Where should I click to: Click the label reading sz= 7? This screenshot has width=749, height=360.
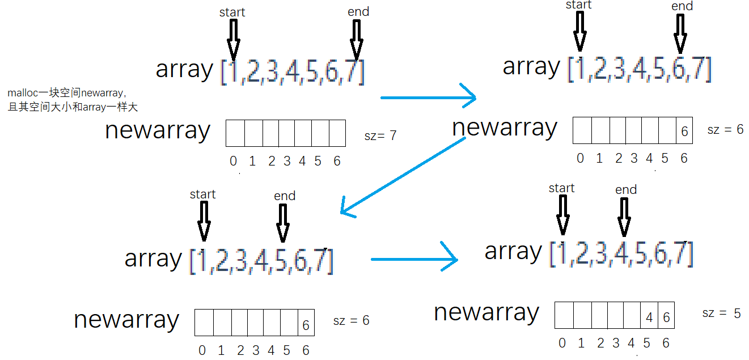pyautogui.click(x=380, y=135)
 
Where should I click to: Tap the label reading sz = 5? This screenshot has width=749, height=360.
pyautogui.click(x=721, y=313)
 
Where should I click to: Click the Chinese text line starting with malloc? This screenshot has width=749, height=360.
pyautogui.click(x=66, y=92)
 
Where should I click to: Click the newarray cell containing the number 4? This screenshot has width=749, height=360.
pyautogui.click(x=649, y=315)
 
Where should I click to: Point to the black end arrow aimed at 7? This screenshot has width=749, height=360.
pyautogui.click(x=357, y=40)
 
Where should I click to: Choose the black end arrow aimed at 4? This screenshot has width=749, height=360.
pyautogui.click(x=624, y=217)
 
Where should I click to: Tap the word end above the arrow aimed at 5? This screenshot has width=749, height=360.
pyautogui.click(x=285, y=196)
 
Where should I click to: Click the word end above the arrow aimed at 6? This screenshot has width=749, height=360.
pyautogui.click(x=682, y=6)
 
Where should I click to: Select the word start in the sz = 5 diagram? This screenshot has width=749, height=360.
pyautogui.click(x=561, y=188)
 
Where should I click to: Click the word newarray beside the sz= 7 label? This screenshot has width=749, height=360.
pyautogui.click(x=158, y=131)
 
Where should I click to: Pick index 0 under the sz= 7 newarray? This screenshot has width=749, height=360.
pyautogui.click(x=234, y=161)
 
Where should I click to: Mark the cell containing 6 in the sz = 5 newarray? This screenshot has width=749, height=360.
pyautogui.click(x=666, y=315)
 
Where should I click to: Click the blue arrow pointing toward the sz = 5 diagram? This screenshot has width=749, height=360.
pyautogui.click(x=414, y=259)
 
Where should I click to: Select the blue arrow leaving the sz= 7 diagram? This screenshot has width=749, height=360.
pyautogui.click(x=429, y=98)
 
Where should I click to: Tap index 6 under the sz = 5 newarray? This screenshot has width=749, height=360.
pyautogui.click(x=666, y=343)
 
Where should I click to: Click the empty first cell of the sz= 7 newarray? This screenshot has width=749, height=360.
pyautogui.click(x=235, y=133)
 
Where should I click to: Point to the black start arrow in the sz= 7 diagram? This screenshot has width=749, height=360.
pyautogui.click(x=234, y=40)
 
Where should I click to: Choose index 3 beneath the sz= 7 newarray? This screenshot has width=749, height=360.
pyautogui.click(x=287, y=161)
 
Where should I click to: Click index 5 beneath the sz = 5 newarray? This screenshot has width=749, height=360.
pyautogui.click(x=647, y=343)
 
